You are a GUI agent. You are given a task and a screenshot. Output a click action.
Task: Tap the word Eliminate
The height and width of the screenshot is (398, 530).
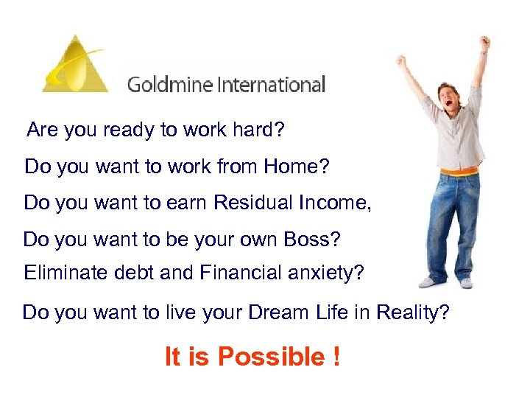[x=60, y=273]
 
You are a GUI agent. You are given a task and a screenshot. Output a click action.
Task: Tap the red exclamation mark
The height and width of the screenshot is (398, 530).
[x=336, y=357]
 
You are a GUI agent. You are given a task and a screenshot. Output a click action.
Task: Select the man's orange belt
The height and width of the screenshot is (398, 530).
[x=457, y=174]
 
